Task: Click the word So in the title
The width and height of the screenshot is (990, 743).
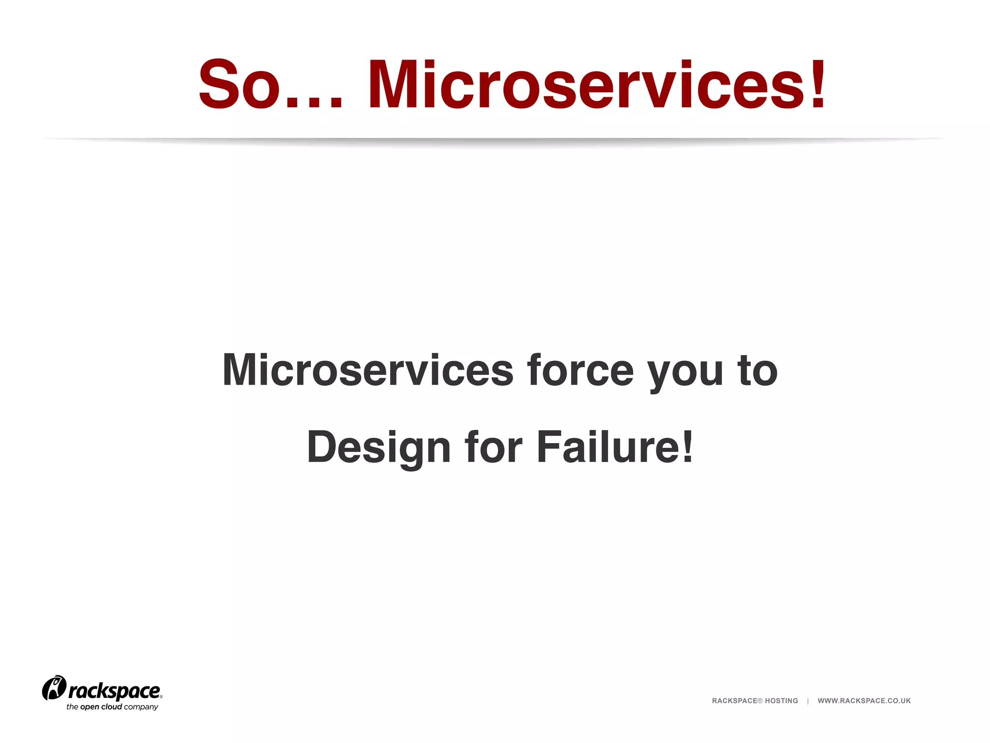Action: click(239, 85)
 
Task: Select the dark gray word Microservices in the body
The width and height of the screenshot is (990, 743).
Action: click(367, 370)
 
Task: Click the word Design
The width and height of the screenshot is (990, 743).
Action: click(379, 448)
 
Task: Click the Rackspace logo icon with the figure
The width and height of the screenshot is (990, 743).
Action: click(54, 688)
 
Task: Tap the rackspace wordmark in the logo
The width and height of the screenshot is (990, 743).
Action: click(115, 692)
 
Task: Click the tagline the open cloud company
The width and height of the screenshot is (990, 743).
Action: click(112, 707)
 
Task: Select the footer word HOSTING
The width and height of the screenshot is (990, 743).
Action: click(781, 701)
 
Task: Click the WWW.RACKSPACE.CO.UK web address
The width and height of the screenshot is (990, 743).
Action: click(864, 701)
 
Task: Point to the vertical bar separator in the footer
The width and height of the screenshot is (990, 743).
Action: click(808, 701)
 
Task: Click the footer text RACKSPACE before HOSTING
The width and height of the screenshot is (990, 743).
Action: click(734, 701)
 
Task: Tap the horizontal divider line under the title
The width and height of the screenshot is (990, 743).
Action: click(495, 139)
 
